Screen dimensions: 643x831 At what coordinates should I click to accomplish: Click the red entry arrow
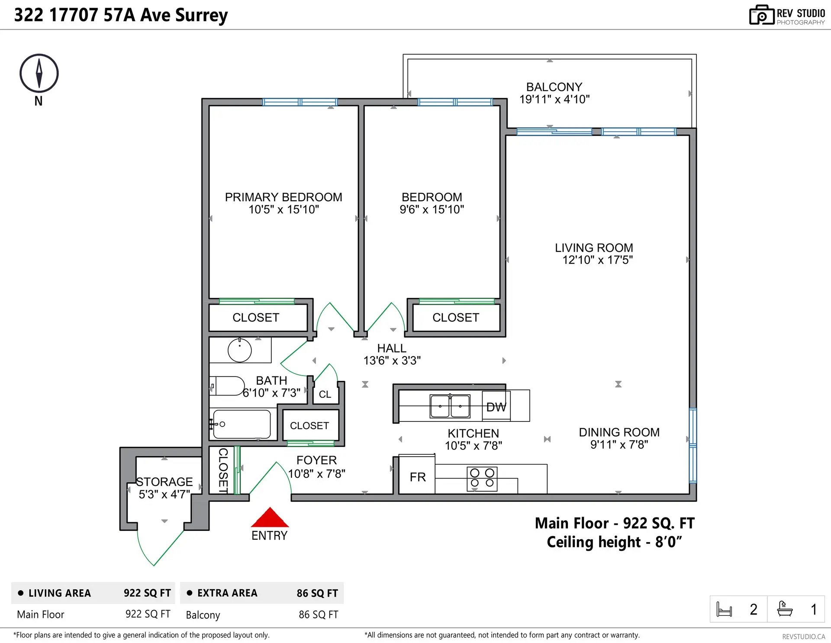pos(270,518)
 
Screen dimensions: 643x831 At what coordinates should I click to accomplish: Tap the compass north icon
pos(39,74)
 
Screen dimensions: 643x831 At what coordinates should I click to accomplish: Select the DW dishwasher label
pos(496,407)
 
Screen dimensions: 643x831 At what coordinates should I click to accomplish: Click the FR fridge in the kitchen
pos(417,477)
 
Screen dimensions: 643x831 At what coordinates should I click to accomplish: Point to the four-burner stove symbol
pos(482,478)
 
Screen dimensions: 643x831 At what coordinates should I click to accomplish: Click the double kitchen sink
pos(450,406)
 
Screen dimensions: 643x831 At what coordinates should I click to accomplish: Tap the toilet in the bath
pos(228,386)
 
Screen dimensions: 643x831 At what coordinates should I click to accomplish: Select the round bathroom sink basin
pos(239,350)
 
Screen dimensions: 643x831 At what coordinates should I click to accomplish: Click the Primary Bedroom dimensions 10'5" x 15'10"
pos(283,210)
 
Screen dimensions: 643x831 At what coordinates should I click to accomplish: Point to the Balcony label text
pos(554,87)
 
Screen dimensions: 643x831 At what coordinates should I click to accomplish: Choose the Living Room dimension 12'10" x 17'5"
pos(597,260)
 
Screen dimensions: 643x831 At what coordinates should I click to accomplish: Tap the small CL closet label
pos(325,394)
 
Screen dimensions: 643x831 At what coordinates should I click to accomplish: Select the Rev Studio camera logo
pos(761,15)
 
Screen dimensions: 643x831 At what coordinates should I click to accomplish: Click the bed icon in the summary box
pos(724,609)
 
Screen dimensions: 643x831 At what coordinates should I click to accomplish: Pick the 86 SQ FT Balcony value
pos(318,614)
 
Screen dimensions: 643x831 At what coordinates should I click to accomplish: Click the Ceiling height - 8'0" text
pos(614,542)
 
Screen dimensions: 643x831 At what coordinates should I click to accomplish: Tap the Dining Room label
pos(619,432)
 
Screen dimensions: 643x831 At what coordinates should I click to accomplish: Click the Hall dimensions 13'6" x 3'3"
pos(392,360)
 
